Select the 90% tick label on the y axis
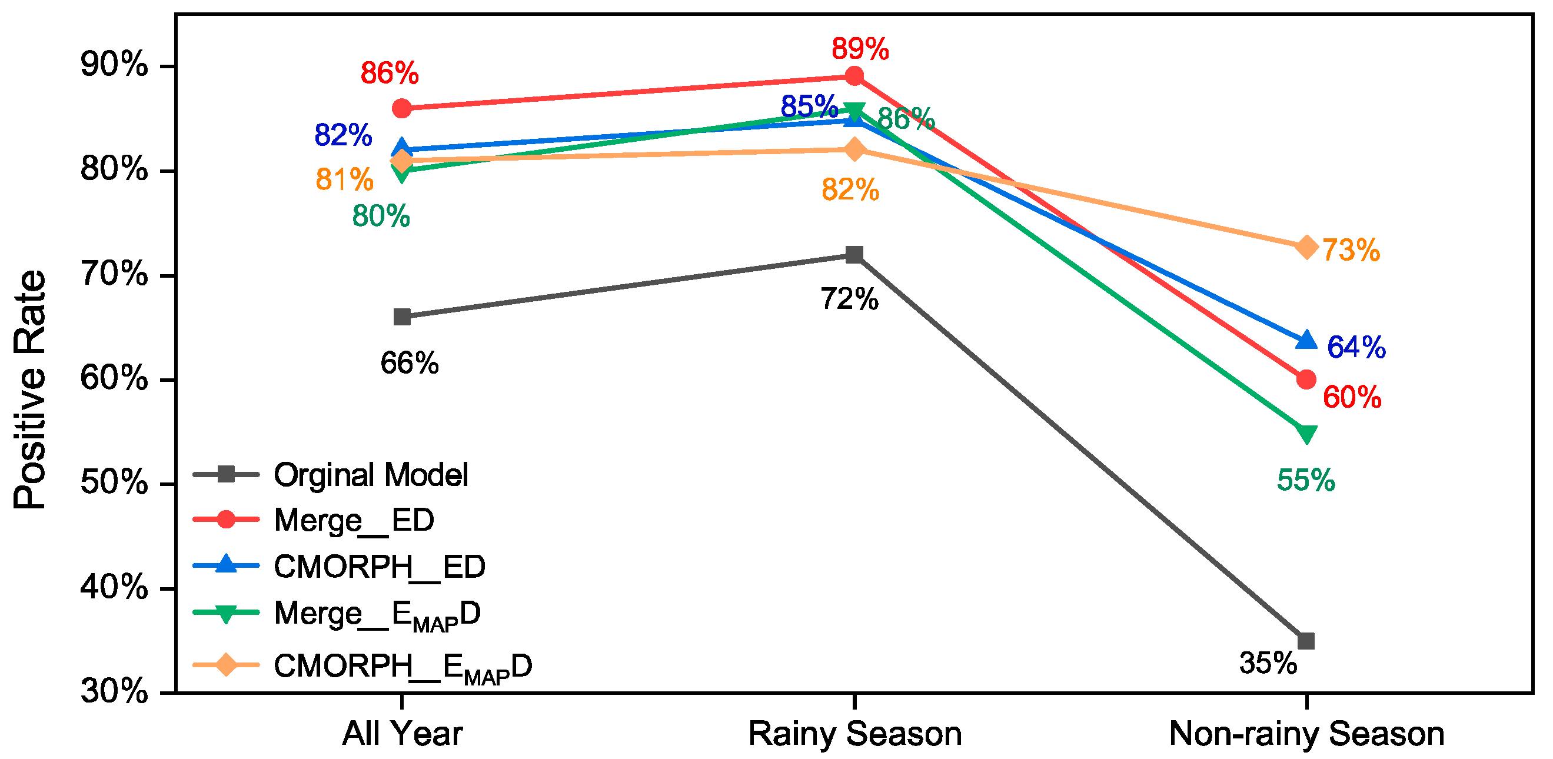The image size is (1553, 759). [x=114, y=64]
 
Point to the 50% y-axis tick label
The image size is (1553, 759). [x=114, y=483]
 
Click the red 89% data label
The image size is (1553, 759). [x=860, y=49]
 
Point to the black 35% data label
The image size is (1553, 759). [x=1268, y=664]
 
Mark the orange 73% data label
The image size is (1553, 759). [x=1351, y=250]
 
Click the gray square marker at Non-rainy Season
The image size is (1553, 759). [x=1306, y=641]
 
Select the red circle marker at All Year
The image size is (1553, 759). [x=402, y=109]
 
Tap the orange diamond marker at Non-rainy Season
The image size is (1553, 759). [x=1306, y=247]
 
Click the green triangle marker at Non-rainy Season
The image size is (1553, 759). [x=1306, y=434]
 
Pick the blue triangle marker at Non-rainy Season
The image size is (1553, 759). [x=1306, y=340]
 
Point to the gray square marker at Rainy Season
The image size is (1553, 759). [x=854, y=254]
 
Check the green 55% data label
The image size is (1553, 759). [x=1306, y=481]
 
